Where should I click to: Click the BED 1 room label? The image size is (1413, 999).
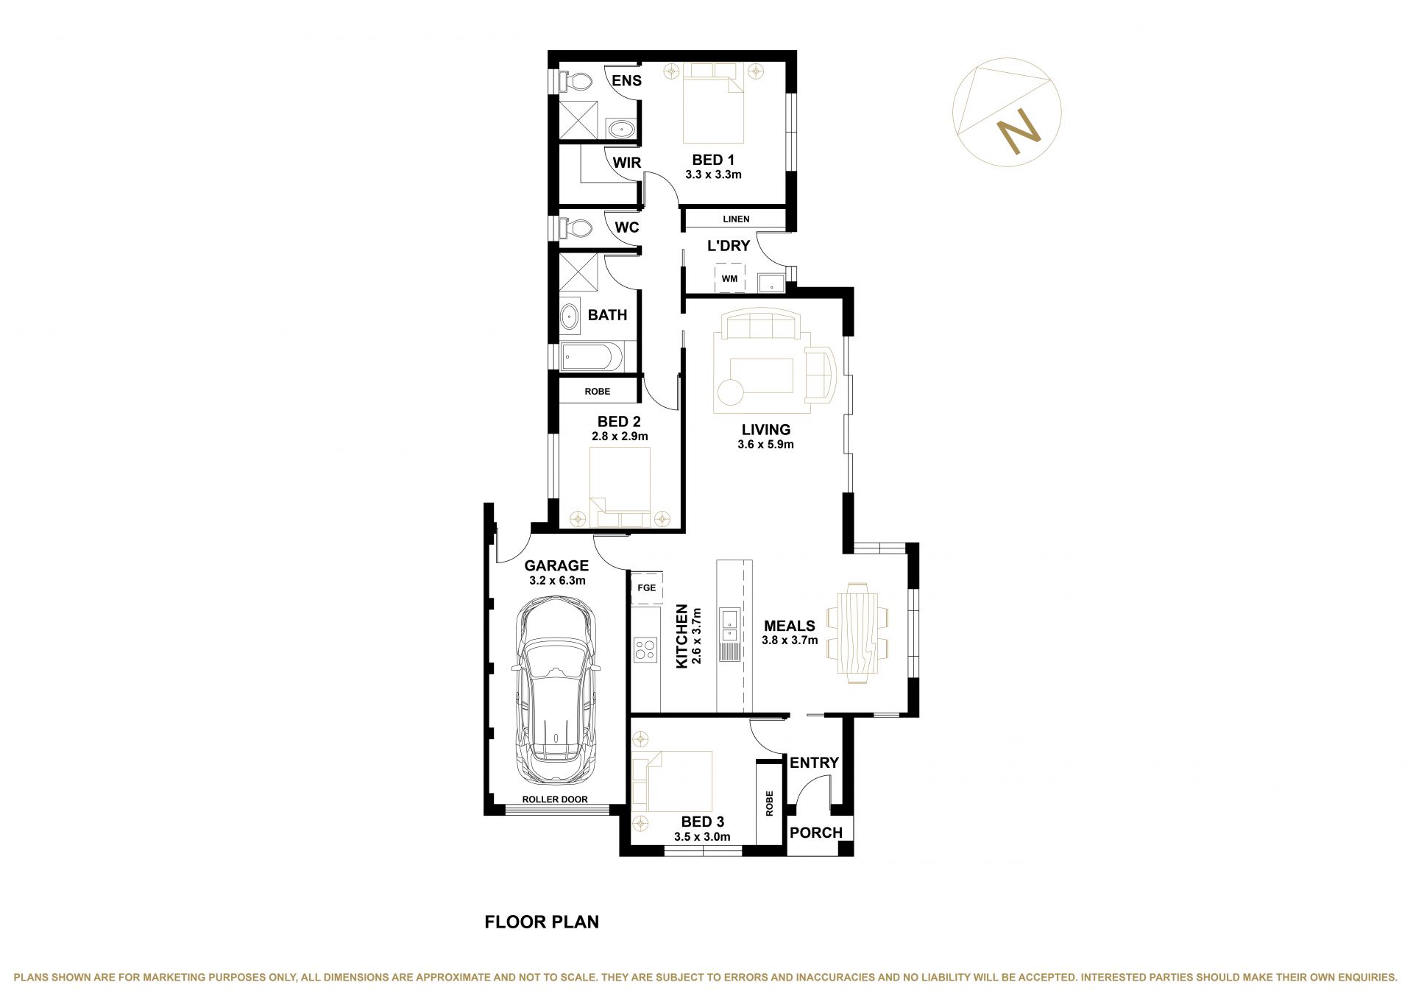click(x=713, y=160)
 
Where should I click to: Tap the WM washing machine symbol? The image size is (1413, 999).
click(x=729, y=278)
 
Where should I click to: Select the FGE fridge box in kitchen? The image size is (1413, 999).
click(x=647, y=587)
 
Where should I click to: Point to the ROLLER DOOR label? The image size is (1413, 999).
click(x=555, y=799)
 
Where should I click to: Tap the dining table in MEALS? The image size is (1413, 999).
click(x=857, y=633)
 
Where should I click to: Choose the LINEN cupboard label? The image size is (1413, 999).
click(x=736, y=219)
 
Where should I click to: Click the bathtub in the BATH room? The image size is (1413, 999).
click(x=592, y=358)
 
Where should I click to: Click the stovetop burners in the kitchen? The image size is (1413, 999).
click(x=645, y=649)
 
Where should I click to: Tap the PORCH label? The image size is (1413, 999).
click(x=815, y=833)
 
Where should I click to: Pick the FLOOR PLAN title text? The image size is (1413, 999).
click(x=542, y=922)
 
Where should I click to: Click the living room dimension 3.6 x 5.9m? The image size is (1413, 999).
click(x=765, y=445)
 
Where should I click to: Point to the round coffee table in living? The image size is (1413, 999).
click(x=731, y=391)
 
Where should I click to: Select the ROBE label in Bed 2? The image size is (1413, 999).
click(x=597, y=392)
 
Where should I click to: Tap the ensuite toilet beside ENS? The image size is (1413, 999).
click(x=575, y=81)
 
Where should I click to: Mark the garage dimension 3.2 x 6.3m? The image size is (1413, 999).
click(x=557, y=580)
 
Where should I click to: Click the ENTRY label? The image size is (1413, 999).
click(x=814, y=763)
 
